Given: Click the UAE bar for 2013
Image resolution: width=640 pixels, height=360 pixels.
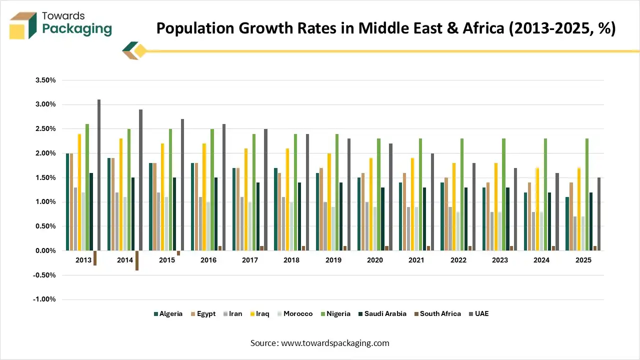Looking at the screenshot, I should [99, 175].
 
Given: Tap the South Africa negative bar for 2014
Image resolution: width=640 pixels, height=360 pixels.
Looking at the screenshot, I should [136, 260].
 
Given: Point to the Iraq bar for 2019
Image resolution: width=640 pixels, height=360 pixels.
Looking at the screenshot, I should [329, 202].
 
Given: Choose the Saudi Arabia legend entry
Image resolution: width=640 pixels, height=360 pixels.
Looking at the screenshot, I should [383, 314].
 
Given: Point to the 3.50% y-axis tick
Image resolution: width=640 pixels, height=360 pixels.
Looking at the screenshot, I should [45, 80].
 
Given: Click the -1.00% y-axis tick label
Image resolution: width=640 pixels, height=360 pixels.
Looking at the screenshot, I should [44, 299].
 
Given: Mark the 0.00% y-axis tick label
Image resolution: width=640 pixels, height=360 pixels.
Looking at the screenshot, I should [45, 250].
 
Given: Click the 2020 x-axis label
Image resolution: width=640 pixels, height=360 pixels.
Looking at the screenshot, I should [374, 260].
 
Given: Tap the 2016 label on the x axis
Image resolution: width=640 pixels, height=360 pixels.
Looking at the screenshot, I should [208, 260].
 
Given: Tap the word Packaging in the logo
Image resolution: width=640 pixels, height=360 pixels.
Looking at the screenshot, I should [77, 29].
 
